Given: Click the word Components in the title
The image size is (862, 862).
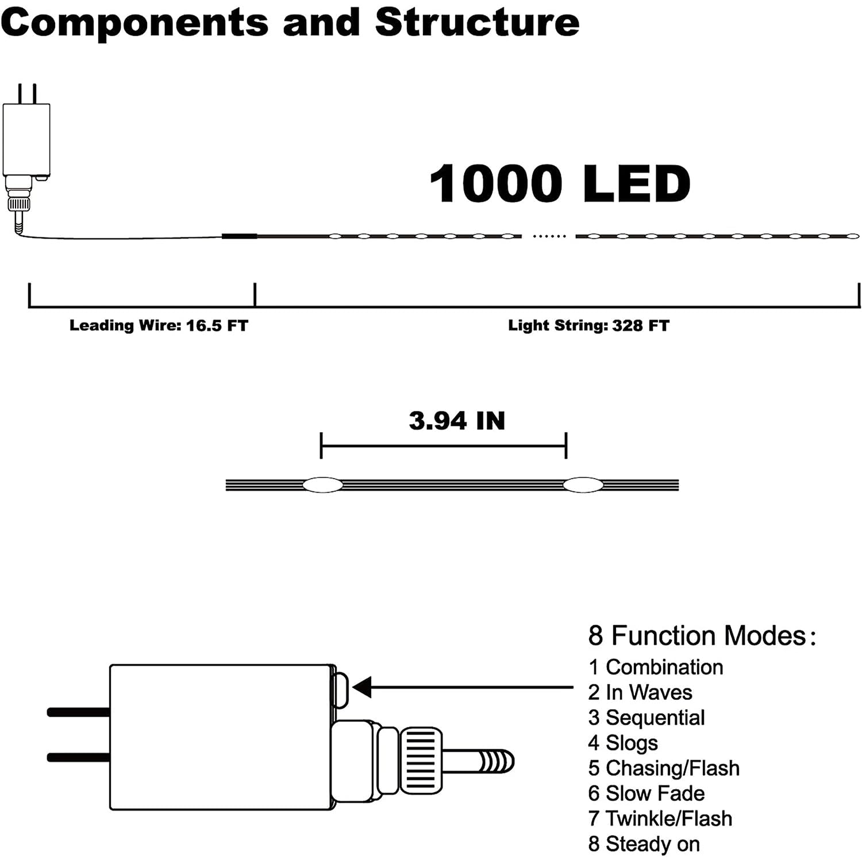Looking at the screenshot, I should click(x=134, y=23).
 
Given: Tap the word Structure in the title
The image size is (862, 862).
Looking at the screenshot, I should click(x=477, y=23).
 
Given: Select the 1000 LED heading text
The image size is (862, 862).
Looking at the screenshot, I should click(x=560, y=184).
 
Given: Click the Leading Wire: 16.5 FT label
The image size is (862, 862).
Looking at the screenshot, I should click(x=159, y=326).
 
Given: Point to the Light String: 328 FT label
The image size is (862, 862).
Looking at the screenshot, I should click(x=588, y=326).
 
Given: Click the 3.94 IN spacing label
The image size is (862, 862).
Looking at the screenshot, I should click(x=457, y=421).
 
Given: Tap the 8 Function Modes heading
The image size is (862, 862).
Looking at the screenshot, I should click(x=701, y=636).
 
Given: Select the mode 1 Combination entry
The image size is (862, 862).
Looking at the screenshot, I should click(x=656, y=667).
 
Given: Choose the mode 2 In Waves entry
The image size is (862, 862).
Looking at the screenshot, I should click(x=640, y=692).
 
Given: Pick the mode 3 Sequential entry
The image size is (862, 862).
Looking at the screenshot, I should click(x=646, y=718).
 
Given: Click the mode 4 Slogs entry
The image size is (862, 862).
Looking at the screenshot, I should click(x=623, y=743).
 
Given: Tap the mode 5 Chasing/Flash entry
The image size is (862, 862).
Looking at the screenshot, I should click(x=664, y=768).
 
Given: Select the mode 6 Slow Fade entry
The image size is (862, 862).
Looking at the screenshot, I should click(x=646, y=794).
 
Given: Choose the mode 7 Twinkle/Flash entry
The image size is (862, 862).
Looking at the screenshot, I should click(x=660, y=819).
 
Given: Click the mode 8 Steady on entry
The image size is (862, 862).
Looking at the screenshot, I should click(x=644, y=844).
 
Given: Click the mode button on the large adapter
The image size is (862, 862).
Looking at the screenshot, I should click(x=341, y=690).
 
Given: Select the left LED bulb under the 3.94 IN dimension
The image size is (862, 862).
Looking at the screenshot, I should click(x=322, y=485).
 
